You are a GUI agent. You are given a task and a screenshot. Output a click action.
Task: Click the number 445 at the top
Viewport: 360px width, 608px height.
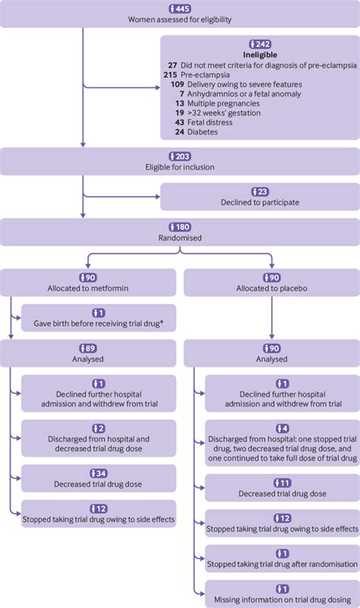[183, 8]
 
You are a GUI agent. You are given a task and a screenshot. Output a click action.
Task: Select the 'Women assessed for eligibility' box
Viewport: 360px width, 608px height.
[180, 14]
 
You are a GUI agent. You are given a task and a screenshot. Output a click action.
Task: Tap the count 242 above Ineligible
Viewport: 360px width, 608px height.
[264, 44]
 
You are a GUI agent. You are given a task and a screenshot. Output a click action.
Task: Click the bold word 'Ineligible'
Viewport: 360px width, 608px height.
[261, 55]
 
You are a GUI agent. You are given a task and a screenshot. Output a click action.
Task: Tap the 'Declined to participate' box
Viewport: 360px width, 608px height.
[260, 198]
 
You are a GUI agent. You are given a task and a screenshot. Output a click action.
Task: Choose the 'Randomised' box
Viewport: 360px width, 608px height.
[180, 232]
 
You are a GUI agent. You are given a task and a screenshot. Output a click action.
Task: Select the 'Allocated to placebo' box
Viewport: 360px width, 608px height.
[271, 282]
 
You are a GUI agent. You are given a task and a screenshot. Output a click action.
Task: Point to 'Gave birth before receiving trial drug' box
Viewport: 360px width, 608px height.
[99, 318]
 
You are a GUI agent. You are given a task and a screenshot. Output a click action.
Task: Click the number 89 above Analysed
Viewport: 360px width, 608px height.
[91, 348]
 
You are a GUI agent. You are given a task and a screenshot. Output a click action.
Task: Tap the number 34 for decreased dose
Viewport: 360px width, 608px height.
[100, 471]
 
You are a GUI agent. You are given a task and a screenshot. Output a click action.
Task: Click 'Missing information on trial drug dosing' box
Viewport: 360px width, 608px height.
[282, 594]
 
